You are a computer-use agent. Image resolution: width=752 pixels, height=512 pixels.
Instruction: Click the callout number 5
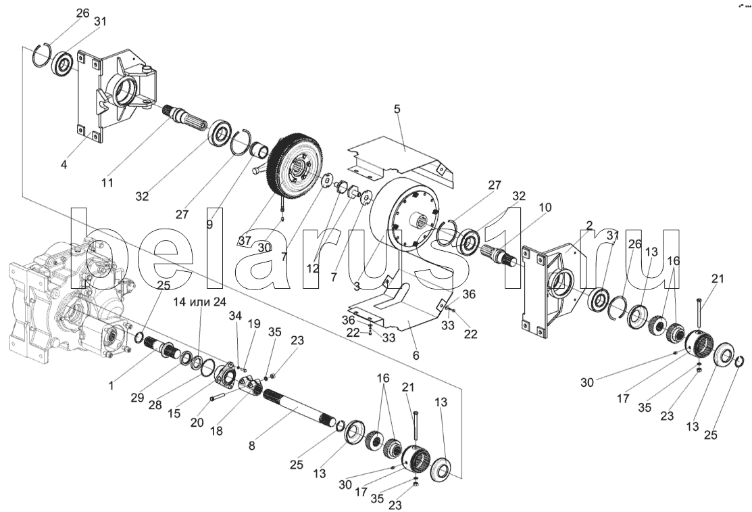(397, 109)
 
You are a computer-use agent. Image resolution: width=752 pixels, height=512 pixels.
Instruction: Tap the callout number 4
(64, 165)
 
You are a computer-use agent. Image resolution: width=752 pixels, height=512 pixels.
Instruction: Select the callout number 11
(107, 183)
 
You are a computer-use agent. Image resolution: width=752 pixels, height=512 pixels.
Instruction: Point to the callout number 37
(245, 241)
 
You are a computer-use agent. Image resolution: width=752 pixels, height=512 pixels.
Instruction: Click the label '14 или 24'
(200, 302)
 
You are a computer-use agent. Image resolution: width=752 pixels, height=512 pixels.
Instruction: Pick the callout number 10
(545, 208)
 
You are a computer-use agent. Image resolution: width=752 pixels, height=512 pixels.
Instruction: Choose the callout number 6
(416, 355)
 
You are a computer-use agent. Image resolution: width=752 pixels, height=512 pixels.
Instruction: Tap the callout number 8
(252, 446)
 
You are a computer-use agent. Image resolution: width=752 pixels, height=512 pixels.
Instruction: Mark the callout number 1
(111, 386)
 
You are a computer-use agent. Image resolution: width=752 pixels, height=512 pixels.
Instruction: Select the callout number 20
(197, 423)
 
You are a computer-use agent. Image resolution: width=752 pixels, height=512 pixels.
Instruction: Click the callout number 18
(216, 431)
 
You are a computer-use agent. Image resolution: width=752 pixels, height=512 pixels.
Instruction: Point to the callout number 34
(235, 316)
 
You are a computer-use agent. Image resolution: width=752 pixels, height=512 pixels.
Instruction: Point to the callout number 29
(138, 398)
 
